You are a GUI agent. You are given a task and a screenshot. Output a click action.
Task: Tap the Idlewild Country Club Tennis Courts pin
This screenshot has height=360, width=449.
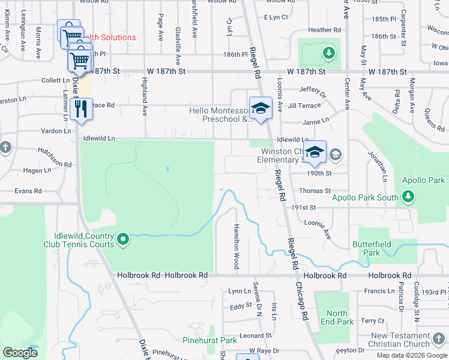click(123, 240)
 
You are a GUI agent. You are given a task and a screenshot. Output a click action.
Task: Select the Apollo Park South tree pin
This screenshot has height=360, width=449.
click(408, 196)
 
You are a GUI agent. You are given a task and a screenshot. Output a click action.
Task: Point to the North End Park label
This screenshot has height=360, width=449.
click(337, 317)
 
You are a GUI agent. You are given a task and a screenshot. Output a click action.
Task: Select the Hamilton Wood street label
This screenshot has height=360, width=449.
click(236, 247)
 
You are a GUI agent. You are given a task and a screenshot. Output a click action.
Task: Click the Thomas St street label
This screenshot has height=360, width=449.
click(315, 191)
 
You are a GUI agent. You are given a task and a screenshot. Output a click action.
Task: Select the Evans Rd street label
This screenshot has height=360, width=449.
click(28, 191)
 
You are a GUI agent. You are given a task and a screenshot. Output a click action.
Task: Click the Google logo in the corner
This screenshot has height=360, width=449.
click(20, 353)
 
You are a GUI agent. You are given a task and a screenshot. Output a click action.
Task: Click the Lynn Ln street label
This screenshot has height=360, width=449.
click(240, 291)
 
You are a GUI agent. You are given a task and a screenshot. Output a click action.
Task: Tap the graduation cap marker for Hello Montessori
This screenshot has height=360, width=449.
click(261, 109)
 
